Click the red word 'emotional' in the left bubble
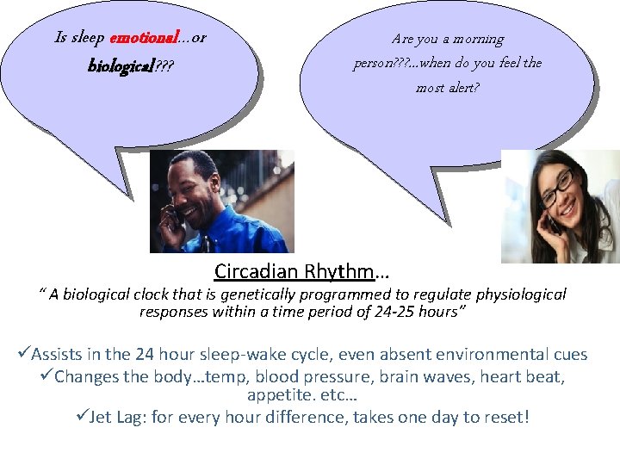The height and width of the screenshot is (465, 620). (143, 38)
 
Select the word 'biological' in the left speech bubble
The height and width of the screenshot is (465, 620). (120, 66)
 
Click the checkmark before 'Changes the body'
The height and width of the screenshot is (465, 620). (46, 376)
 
